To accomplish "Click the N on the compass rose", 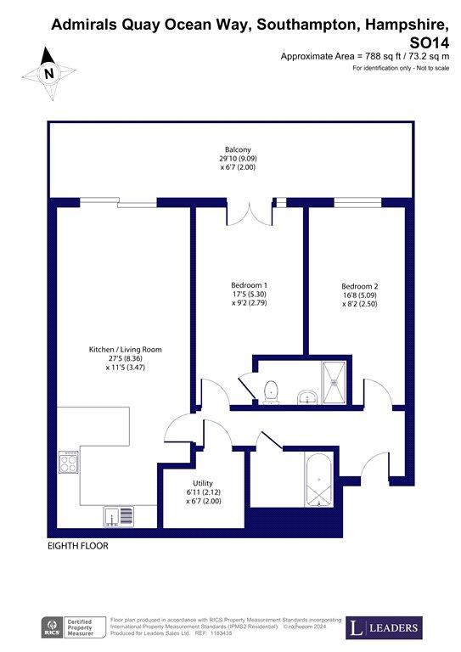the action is [49, 74].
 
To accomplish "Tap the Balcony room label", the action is [238, 149].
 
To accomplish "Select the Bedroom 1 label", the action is [249, 285].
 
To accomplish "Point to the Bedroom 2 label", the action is [360, 286].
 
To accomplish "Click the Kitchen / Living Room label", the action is [125, 349].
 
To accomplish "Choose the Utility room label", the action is [203, 483].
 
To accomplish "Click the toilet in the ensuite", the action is [271, 392].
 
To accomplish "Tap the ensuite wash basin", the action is [307, 397].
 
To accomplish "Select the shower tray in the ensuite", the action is [334, 382].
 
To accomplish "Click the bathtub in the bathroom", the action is [318, 479].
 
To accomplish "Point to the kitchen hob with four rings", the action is [69, 462].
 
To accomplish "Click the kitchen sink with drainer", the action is [119, 517].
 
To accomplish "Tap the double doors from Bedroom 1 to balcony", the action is [250, 214].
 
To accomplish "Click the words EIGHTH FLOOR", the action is [78, 546].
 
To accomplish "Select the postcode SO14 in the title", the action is [429, 42].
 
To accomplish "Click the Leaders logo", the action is [384, 627].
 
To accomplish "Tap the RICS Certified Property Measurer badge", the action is [73, 627].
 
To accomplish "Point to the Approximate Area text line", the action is [365, 56].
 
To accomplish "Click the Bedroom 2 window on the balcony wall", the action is [358, 203].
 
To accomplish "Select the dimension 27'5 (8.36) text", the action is [125, 358].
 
